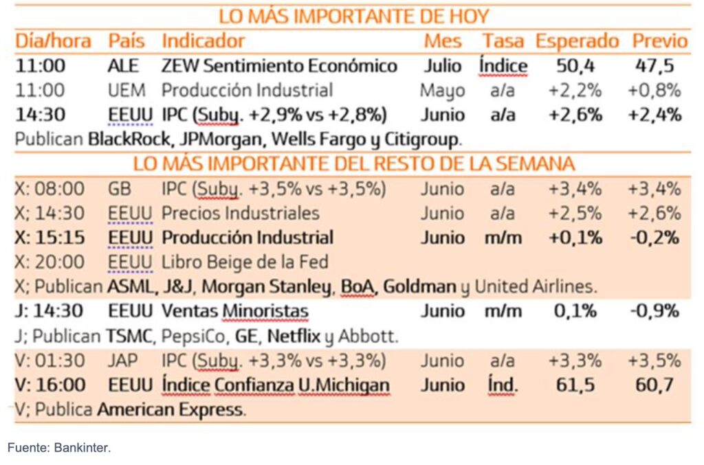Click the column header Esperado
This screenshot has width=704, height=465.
pos(577,41)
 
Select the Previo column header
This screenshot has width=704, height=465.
pos(659,41)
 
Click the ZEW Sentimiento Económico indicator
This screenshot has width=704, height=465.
pos(279,66)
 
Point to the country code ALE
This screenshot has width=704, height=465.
pos(123,66)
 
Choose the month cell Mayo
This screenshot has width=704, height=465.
pos(442,90)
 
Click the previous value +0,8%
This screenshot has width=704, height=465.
pos(654,90)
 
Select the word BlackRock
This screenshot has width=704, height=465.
pos(132,139)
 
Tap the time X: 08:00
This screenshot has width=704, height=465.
pos(50,188)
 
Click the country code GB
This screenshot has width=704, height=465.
pos(118,188)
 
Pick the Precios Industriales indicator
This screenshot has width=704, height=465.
pos(240,213)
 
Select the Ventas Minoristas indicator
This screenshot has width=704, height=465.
pos(234,311)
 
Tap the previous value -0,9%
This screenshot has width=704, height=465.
pos(654,311)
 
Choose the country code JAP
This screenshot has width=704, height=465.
pos(122,361)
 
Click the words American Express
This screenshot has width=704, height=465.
pos(170,410)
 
